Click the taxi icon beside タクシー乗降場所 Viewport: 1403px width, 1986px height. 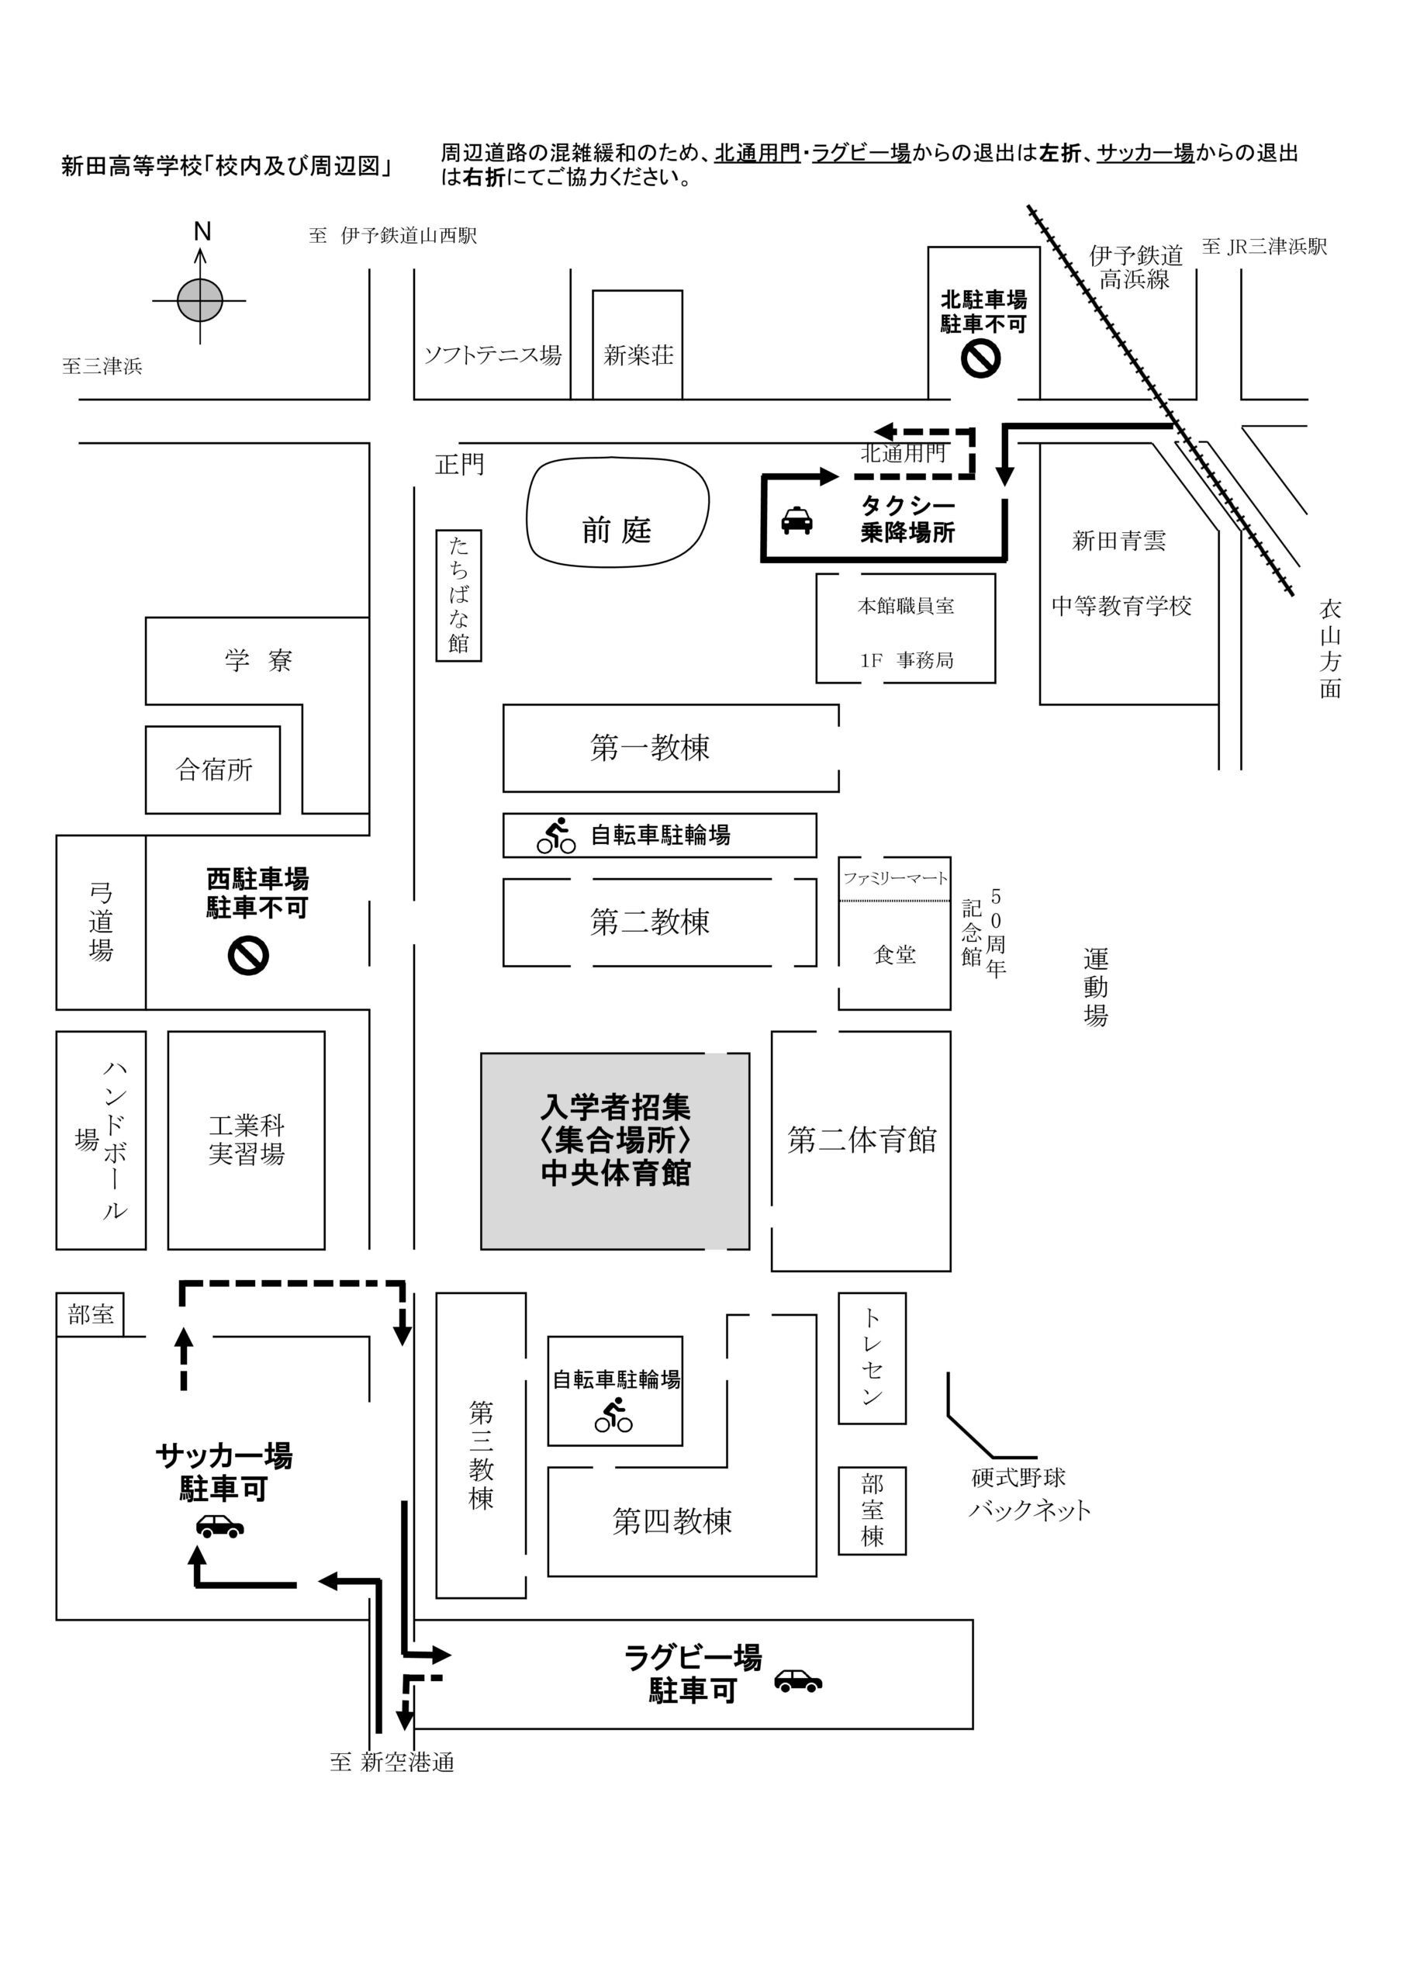(797, 521)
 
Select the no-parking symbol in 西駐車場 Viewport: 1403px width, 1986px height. (248, 956)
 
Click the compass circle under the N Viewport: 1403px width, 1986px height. (200, 300)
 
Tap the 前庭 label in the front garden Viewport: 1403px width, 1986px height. (617, 529)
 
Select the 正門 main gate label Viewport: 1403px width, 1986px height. (459, 465)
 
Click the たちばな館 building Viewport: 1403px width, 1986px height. (458, 595)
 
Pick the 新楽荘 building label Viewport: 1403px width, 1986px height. (638, 355)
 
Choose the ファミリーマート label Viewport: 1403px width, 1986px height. (895, 878)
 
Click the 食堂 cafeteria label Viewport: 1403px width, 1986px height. (895, 954)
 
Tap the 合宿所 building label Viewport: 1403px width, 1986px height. (213, 769)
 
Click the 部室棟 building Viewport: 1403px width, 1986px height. (872, 1510)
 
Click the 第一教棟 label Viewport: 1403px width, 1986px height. (650, 747)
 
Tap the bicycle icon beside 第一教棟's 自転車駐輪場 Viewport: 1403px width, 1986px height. (556, 836)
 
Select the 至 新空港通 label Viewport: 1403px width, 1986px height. (392, 1762)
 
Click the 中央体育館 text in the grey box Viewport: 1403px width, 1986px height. (615, 1174)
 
